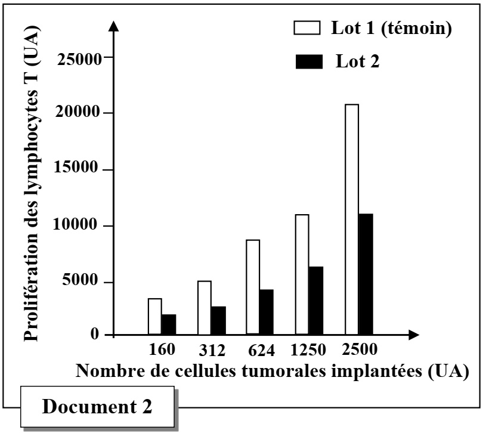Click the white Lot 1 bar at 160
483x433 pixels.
coord(154,316)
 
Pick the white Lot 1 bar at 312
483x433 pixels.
coord(204,307)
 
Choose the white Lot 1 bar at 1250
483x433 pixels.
coord(302,274)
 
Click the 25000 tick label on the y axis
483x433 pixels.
coord(79,58)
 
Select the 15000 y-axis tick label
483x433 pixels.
coord(79,169)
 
